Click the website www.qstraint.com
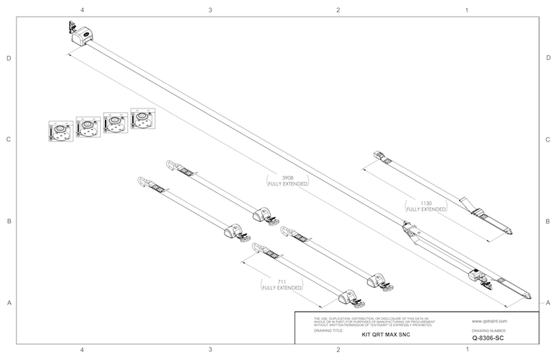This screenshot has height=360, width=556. [490, 321]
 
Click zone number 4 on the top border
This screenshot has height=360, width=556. [83, 10]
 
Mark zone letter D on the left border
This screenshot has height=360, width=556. [9, 58]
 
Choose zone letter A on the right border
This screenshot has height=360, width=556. [548, 302]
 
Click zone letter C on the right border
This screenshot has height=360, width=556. [548, 140]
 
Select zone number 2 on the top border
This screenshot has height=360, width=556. [338, 10]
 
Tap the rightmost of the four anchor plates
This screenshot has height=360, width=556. [142, 119]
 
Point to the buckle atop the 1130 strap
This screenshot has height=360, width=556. [379, 156]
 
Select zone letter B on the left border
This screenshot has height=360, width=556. [9, 221]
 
